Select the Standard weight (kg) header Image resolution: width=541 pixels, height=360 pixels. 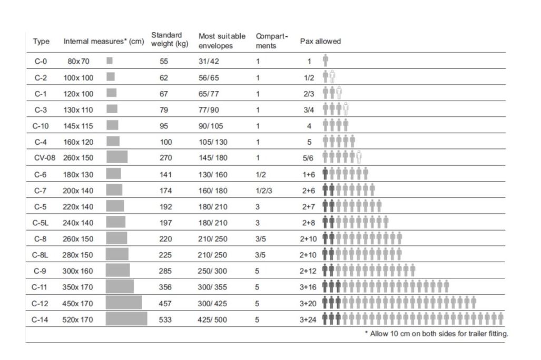(169, 39)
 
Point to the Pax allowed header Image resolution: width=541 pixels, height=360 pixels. (320, 42)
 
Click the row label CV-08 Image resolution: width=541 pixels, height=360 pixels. (41, 157)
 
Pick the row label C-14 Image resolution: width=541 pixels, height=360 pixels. (40, 319)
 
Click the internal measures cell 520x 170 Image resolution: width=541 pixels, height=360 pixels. (78, 319)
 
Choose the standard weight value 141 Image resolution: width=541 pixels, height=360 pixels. (166, 174)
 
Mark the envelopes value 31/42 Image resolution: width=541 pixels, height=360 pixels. (209, 61)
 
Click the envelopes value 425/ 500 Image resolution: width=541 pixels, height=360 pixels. (213, 319)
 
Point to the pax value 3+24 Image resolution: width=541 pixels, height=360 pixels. (309, 319)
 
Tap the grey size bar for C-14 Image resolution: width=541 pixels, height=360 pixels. (126, 319)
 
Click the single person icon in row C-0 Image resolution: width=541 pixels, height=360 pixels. (326, 61)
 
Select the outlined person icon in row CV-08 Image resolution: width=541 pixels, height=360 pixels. (359, 157)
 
